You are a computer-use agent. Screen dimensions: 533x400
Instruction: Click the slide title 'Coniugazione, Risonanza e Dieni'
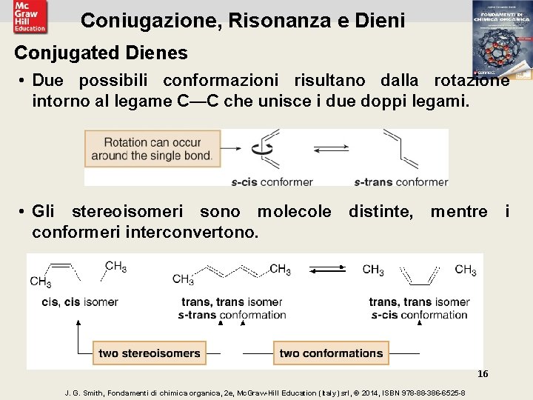pyautogui.click(x=243, y=20)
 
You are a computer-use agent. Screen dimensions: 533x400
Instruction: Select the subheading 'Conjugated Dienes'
pyautogui.click(x=101, y=53)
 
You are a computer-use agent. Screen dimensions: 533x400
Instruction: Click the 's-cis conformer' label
pyautogui.click(x=272, y=181)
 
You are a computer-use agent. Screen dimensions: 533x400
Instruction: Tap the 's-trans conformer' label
pyautogui.click(x=401, y=181)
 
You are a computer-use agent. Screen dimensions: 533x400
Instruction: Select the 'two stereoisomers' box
pyautogui.click(x=150, y=353)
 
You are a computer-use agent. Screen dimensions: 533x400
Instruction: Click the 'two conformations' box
pyautogui.click(x=331, y=353)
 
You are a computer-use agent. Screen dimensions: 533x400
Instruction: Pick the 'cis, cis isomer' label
pyautogui.click(x=80, y=301)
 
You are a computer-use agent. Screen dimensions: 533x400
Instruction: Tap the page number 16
pyautogui.click(x=483, y=374)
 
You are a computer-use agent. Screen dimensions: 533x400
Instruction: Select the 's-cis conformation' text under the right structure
pyautogui.click(x=419, y=314)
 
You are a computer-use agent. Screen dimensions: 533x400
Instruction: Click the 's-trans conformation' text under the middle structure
pyautogui.click(x=232, y=314)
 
